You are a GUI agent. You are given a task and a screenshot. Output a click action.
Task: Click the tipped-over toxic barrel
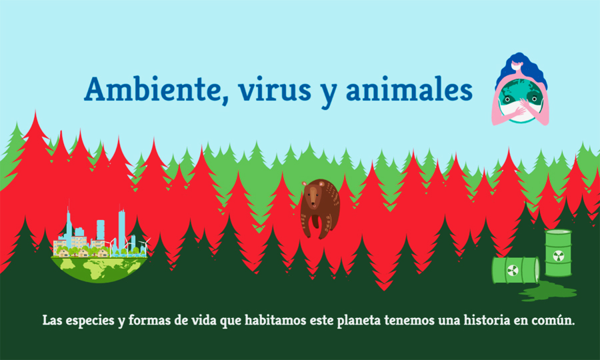click(x=515, y=270)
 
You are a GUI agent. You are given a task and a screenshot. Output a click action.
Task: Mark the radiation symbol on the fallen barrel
click(x=512, y=270)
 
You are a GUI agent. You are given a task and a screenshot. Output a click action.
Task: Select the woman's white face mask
click(x=514, y=75)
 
